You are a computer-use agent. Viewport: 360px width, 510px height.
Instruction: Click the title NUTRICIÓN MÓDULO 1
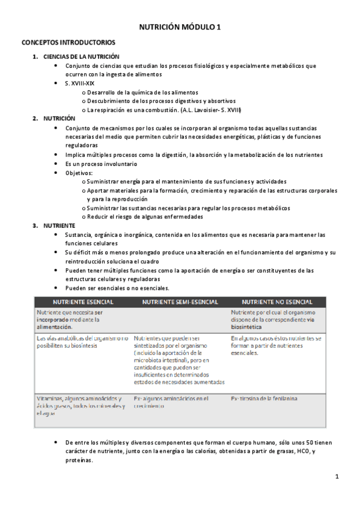pyautogui.click(x=180, y=27)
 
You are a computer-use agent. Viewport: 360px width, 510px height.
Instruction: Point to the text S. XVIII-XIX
pyautogui.click(x=80, y=84)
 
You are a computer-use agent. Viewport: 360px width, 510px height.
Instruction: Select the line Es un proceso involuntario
pyautogui.click(x=101, y=164)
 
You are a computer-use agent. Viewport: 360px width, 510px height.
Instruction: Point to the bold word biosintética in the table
pyautogui.click(x=246, y=328)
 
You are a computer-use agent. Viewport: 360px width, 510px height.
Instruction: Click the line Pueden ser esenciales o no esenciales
pyautogui.click(x=118, y=288)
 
